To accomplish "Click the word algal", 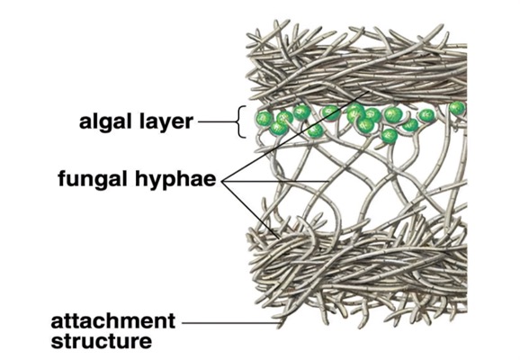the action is click(x=106, y=121).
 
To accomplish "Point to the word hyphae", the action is click(x=175, y=178).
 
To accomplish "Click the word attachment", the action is click(x=113, y=320).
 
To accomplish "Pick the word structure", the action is click(x=102, y=341).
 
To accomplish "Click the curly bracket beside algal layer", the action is click(x=241, y=121).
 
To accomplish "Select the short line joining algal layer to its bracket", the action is click(x=218, y=121).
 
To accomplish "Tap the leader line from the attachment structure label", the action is click(x=231, y=322).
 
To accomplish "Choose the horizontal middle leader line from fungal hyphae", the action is click(x=275, y=182).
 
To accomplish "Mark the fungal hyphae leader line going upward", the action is click(x=295, y=136).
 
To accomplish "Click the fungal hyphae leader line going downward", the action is click(x=251, y=210).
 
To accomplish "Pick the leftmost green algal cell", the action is click(x=264, y=118).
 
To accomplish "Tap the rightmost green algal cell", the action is click(x=458, y=108).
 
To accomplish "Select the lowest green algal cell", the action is click(x=389, y=136).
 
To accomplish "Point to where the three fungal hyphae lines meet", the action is click(x=223, y=182).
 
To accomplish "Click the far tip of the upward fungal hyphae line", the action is click(x=368, y=90).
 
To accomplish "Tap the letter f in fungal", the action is click(x=63, y=178).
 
